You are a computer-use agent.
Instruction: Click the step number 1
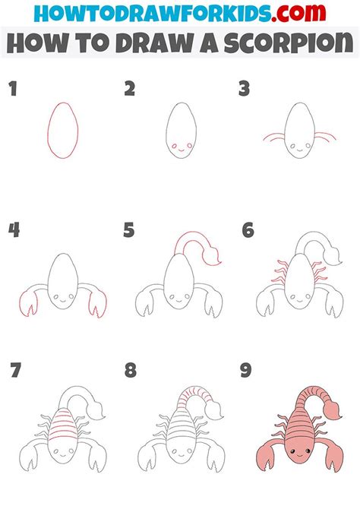[13, 89]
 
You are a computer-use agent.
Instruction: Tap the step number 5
[128, 230]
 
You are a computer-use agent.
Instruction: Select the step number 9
[246, 371]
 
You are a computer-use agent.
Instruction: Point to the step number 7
[16, 371]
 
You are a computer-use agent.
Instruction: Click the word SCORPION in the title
[289, 43]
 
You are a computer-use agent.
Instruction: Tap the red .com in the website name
[299, 13]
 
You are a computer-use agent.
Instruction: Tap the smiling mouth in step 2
[182, 150]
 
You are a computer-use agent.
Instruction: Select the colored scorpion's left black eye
[292, 451]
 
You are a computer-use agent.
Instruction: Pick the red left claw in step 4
[28, 304]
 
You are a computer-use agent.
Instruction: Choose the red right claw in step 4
[97, 304]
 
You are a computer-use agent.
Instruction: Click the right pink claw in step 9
[333, 457]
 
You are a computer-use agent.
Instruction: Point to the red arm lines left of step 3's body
[273, 138]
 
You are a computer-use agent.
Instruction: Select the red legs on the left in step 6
[279, 271]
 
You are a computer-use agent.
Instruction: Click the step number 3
[244, 89]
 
